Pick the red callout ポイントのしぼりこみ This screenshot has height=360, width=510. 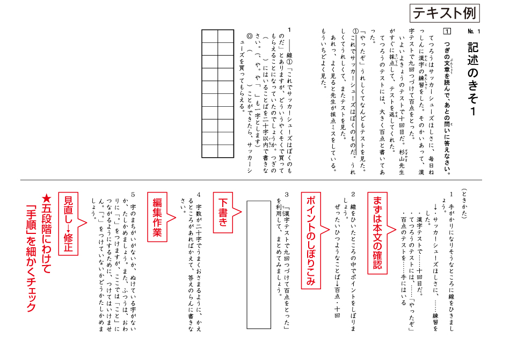[x=310, y=238]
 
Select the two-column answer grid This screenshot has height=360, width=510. [x=218, y=94]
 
